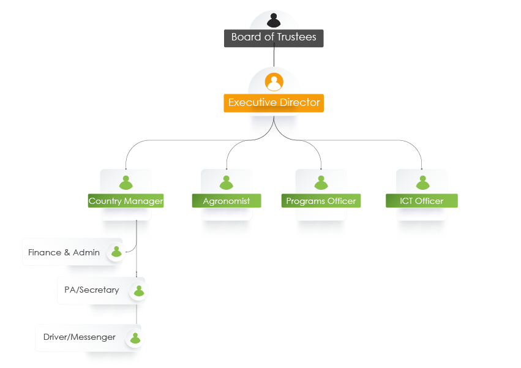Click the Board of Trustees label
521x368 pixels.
[x=274, y=38]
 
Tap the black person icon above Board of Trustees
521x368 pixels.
[x=274, y=20]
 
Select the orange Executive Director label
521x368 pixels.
[x=274, y=103]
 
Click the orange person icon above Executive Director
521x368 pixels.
[x=274, y=81]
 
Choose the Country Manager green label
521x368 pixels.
[x=126, y=201]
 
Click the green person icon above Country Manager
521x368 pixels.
[x=126, y=182]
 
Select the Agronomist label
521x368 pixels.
[x=227, y=201]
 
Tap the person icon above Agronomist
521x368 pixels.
[x=227, y=182]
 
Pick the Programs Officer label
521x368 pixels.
[x=321, y=201]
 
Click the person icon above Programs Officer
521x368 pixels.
[x=321, y=182]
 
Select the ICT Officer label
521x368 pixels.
[x=421, y=201]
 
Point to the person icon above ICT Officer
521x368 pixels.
[x=421, y=182]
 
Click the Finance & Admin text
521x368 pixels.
[x=64, y=252]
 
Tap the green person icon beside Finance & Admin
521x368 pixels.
[x=116, y=252]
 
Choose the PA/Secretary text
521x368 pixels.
[x=91, y=290]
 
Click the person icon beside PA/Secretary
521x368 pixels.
[x=139, y=291]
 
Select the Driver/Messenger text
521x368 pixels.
[x=79, y=337]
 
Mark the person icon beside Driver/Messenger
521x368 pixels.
[x=135, y=338]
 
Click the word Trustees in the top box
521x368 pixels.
[x=296, y=37]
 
